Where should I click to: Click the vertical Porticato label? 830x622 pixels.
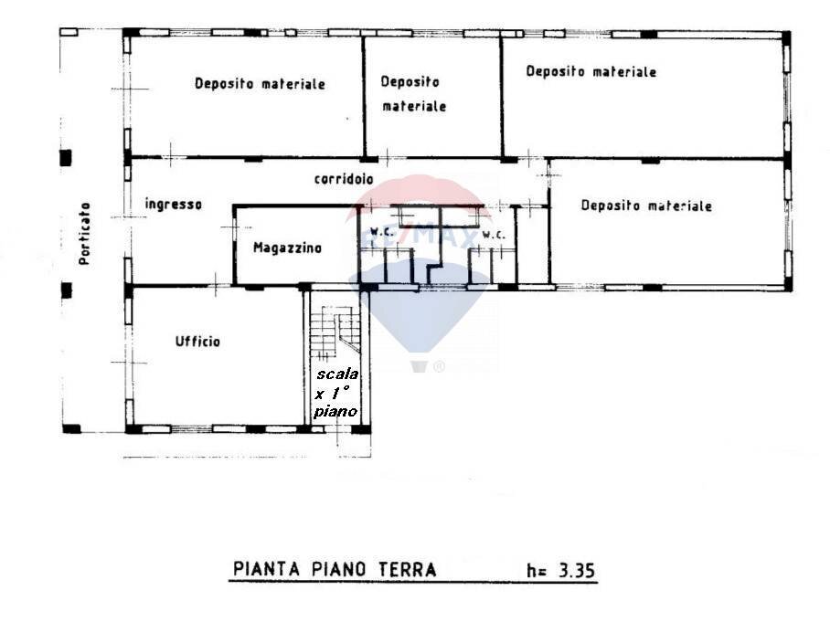pos(84,234)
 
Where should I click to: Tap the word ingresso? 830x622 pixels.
pos(173,205)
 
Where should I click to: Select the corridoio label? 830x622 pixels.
pos(343,179)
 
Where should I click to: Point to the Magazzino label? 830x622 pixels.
pos(287,248)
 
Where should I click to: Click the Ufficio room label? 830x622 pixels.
pos(197,342)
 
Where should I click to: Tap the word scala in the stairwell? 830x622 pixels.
pos(337,374)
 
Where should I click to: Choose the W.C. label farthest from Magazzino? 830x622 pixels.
pos(494,235)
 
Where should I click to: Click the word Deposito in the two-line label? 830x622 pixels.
pos(410,81)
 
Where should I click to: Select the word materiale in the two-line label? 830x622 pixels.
pos(414,106)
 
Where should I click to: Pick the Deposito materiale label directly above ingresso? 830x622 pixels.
pos(260,83)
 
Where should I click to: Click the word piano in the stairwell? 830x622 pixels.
pos(335,412)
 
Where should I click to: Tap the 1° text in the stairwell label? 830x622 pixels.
pos(343,394)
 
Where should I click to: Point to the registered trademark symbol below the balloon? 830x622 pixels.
pos(439,366)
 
